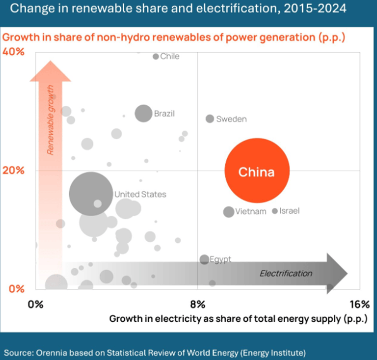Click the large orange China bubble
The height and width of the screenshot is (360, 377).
(x=257, y=171)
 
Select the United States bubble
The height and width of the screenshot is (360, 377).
(x=91, y=193)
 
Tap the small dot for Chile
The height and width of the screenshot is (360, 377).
(x=156, y=57)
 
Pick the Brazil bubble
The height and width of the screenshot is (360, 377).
(x=144, y=113)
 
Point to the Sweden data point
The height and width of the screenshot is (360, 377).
(x=210, y=119)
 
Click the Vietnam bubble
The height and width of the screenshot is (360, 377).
(x=229, y=212)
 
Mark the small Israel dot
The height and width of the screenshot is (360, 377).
(x=275, y=211)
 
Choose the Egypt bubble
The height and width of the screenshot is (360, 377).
(x=204, y=259)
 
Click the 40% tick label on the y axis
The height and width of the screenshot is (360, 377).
(x=14, y=51)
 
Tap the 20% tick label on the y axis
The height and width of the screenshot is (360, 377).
(x=14, y=170)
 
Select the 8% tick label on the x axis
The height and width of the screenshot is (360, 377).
(x=198, y=304)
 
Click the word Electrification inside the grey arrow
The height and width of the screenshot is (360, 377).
(x=286, y=273)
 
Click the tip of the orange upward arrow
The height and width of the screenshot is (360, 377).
(x=50, y=62)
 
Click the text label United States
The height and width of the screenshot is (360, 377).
(x=140, y=194)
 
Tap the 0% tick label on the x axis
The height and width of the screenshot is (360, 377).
(x=35, y=304)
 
